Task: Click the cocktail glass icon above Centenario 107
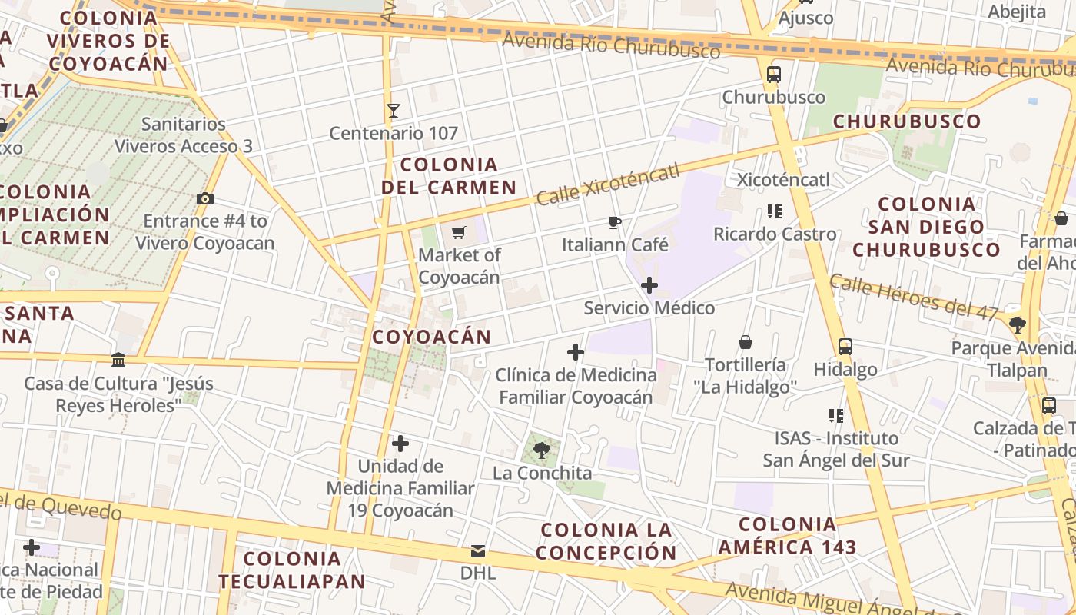pos(394,111)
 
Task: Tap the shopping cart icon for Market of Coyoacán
pos(459,232)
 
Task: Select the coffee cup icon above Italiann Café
pos(614,222)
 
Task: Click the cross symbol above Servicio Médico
pos(649,286)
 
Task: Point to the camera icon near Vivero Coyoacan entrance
pos(204,199)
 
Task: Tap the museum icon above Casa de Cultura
pos(118,360)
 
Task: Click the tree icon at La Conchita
pos(542,450)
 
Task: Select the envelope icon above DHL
pos(478,551)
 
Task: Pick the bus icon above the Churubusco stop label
pos(774,75)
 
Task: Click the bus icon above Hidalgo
pos(845,347)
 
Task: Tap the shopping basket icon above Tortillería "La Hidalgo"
pos(746,341)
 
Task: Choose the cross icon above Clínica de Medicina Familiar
pos(575,353)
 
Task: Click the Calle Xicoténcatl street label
pos(609,184)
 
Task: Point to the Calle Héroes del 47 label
pos(914,297)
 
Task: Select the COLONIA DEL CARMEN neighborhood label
pos(450,175)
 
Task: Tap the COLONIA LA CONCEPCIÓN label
pos(606,540)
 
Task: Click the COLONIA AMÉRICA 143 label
pos(787,536)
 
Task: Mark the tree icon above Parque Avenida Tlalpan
pos(1018,325)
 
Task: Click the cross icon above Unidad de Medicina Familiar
pos(400,444)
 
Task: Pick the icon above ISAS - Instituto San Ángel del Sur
pos(836,416)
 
